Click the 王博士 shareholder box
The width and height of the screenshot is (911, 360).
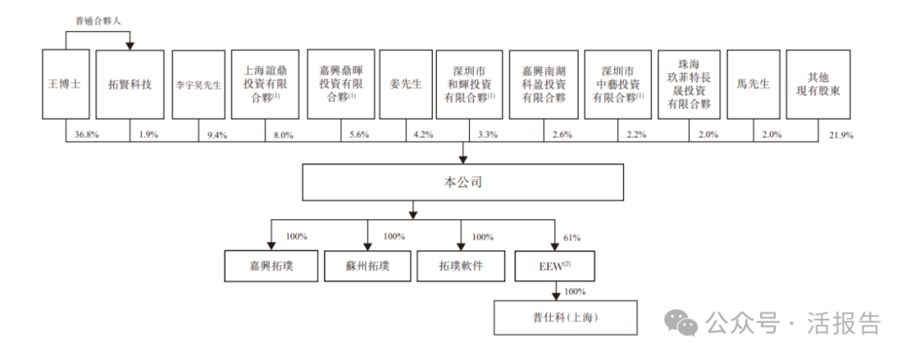[65, 84]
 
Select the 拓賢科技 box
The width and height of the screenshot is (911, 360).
[130, 84]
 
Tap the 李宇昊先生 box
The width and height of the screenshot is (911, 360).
[198, 84]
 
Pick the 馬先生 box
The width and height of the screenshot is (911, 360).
[752, 84]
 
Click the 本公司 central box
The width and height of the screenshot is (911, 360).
[463, 181]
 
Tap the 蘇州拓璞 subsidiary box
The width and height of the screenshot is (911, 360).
[367, 266]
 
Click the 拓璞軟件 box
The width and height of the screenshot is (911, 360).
[461, 266]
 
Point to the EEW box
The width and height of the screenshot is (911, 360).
[554, 266]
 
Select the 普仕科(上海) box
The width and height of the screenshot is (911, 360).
[553, 318]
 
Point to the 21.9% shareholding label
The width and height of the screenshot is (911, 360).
[841, 134]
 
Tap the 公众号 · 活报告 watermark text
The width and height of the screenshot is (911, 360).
[792, 323]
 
